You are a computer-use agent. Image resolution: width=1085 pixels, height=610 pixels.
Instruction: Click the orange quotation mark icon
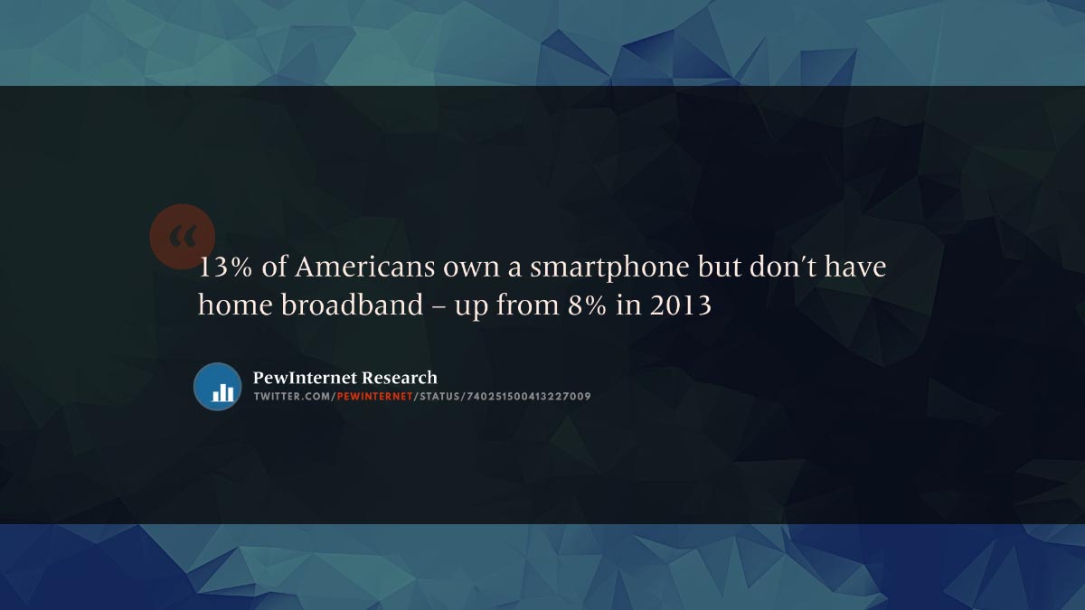click(182, 236)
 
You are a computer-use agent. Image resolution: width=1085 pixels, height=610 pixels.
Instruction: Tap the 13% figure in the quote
click(225, 267)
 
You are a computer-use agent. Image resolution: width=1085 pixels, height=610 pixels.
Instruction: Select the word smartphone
click(609, 268)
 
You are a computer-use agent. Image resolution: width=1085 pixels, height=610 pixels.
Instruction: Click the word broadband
click(352, 305)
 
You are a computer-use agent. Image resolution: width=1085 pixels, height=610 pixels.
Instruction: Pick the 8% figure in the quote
click(587, 305)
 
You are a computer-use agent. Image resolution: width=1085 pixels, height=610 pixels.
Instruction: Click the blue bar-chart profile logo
click(218, 387)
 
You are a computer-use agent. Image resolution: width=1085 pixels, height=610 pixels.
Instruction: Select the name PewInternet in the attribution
click(305, 378)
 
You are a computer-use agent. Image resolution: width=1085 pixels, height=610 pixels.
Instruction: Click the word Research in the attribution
click(400, 378)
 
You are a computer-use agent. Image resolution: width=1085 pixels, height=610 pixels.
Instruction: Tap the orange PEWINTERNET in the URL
click(374, 397)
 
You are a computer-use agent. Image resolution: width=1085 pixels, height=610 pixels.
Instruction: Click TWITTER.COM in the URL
click(293, 397)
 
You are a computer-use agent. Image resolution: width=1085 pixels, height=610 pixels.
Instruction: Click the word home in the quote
click(235, 305)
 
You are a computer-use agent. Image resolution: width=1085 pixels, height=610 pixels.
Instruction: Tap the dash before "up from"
click(439, 307)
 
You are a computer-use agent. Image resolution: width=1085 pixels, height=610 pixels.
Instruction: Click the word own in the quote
click(471, 268)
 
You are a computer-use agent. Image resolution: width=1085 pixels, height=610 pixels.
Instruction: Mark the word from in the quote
click(527, 305)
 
